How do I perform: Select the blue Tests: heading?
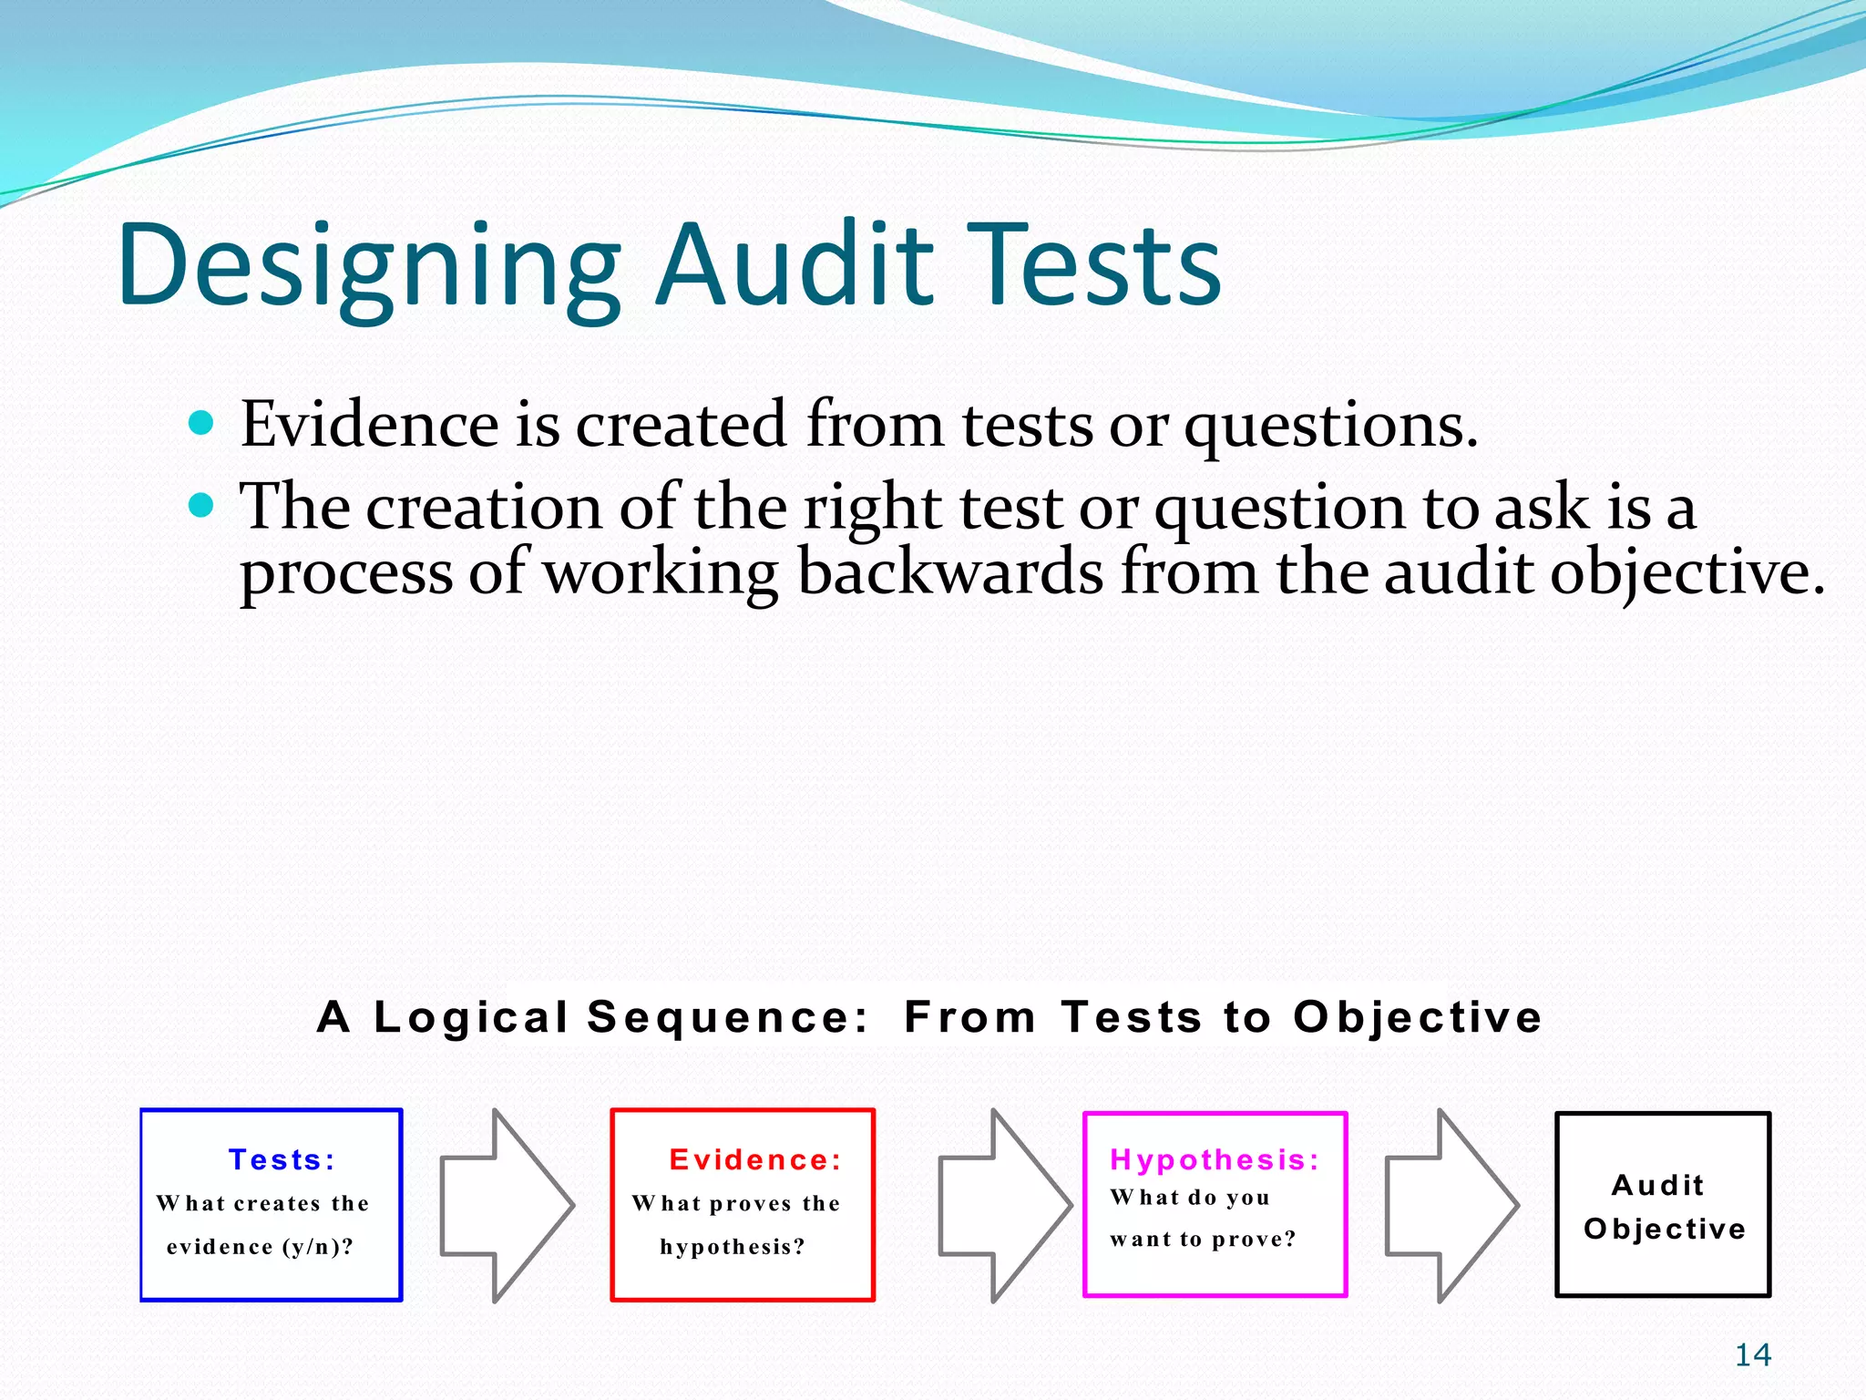tap(282, 1159)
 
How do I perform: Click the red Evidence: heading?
tap(755, 1159)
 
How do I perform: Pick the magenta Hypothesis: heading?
tap(1215, 1159)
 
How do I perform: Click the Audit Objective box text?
tap(1663, 1206)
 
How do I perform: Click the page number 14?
tap(1752, 1355)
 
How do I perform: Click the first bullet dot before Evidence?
tap(200, 423)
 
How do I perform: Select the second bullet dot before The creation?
tap(200, 504)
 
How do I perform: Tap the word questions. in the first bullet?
tap(1329, 427)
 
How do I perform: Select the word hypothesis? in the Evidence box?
tap(733, 1247)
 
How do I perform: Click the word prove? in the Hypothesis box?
tap(1254, 1239)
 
